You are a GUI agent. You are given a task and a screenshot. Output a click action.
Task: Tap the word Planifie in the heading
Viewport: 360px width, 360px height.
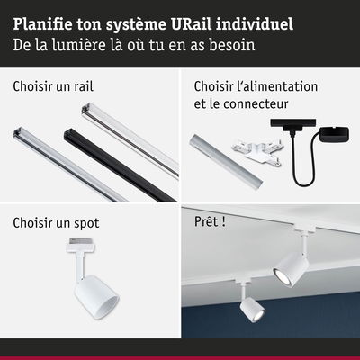click(x=42, y=24)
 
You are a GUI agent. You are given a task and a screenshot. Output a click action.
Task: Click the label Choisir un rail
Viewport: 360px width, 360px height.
click(x=53, y=86)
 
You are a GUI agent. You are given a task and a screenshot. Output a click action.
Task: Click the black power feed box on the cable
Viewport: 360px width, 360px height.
click(x=334, y=134)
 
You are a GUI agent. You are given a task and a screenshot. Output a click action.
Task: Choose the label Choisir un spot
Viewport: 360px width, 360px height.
click(x=56, y=223)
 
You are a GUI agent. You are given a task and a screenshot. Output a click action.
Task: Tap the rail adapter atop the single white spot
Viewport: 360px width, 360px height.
click(x=81, y=245)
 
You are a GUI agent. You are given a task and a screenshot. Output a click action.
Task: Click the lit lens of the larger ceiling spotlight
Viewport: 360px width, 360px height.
click(x=281, y=276)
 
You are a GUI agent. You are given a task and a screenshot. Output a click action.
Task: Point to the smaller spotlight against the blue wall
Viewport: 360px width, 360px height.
click(x=252, y=310)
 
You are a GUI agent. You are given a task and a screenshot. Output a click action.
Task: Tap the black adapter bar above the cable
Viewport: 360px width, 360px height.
click(x=293, y=123)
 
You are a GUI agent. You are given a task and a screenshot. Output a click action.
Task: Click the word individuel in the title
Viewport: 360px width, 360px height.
click(x=255, y=24)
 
